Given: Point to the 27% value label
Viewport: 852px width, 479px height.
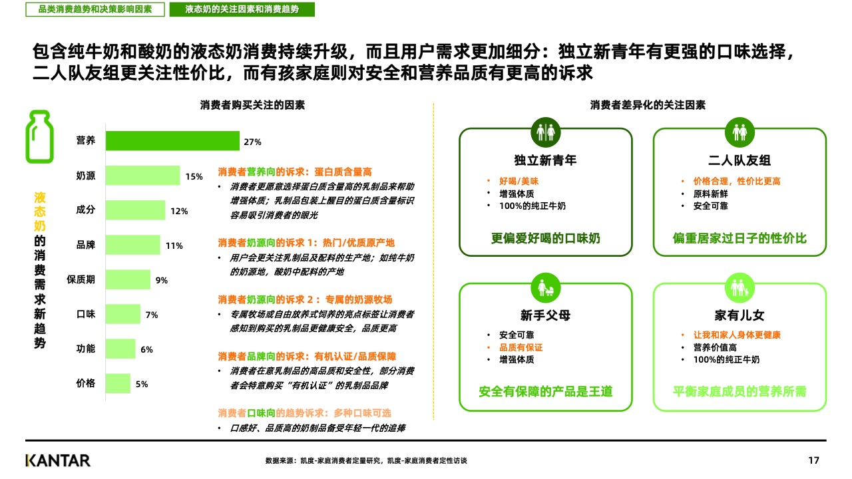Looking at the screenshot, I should [252, 142].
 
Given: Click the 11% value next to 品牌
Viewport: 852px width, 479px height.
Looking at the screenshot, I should [174, 245].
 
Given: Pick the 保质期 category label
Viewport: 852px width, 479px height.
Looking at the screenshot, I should [81, 279].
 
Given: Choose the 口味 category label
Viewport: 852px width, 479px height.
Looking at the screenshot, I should [86, 314].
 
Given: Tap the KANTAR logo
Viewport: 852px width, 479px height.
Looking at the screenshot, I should [58, 460].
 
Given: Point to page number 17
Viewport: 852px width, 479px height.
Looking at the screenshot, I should [813, 460].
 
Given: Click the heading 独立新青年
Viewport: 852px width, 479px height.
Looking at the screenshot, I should [545, 160].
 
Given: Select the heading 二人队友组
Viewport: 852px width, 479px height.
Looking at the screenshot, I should [740, 160].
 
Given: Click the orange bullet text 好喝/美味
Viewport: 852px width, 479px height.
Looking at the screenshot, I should [519, 181].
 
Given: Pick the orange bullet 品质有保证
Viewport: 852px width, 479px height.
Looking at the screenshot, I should [521, 347].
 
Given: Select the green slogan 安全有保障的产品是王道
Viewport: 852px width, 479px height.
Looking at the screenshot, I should [545, 391].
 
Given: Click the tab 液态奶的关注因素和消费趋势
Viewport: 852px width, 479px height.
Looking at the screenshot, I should [242, 9].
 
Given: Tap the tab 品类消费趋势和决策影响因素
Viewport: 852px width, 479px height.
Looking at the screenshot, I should [95, 9].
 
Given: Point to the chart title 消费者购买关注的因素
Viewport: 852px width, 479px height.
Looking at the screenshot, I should [252, 105].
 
